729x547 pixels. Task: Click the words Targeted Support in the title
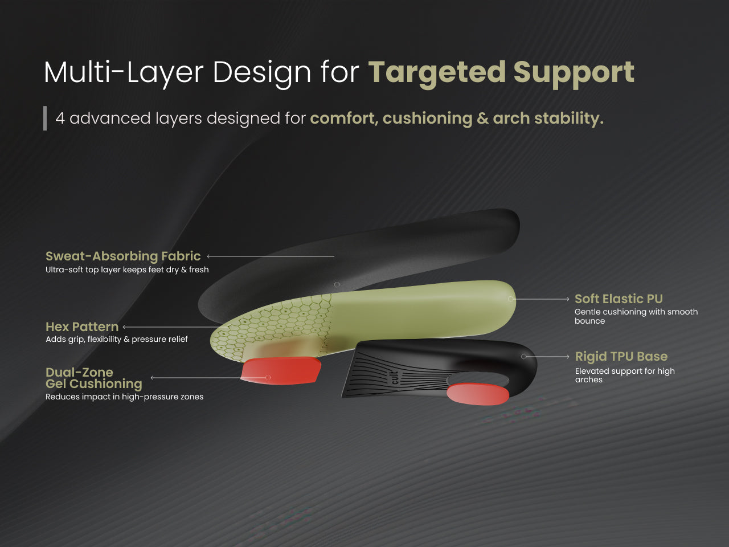click(501, 72)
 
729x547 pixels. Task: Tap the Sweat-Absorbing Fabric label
click(123, 256)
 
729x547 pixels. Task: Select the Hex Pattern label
click(82, 326)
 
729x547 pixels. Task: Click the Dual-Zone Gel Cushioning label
click(93, 378)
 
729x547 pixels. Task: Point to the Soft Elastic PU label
click(619, 299)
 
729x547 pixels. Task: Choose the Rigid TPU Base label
click(621, 356)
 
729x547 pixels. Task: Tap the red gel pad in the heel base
click(477, 394)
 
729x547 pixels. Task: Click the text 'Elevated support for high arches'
click(624, 375)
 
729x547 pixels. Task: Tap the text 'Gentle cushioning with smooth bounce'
click(636, 316)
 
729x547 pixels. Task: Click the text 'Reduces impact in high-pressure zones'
click(124, 397)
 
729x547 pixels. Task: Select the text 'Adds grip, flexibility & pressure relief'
click(117, 339)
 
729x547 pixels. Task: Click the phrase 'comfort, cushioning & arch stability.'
click(456, 118)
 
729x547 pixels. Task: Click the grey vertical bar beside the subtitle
click(45, 118)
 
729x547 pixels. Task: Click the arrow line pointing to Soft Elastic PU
click(541, 299)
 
